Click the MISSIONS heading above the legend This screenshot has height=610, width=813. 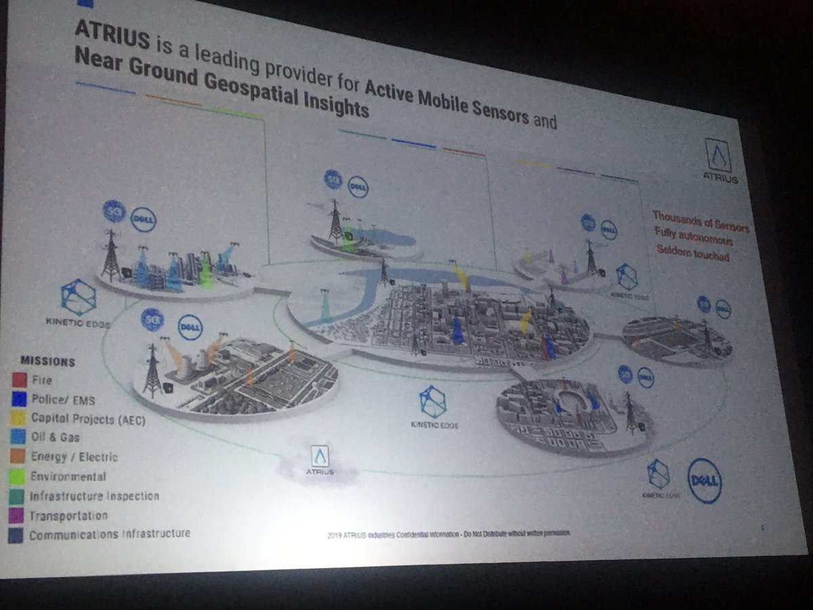tap(47, 361)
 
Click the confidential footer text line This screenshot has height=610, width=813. tap(449, 533)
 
